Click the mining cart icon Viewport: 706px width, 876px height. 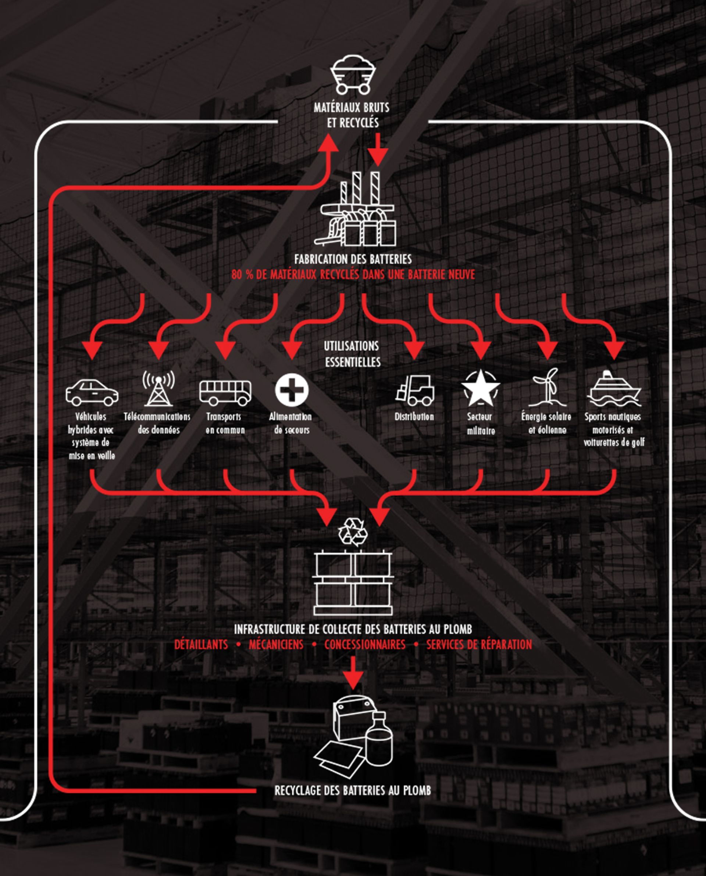[x=352, y=74]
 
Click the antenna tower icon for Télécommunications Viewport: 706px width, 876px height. [x=158, y=389]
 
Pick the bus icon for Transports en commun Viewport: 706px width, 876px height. [x=225, y=393]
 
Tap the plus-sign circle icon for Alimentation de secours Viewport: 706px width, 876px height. [x=292, y=390]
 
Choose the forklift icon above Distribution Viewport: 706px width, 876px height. [x=415, y=390]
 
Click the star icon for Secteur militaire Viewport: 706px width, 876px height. [x=480, y=389]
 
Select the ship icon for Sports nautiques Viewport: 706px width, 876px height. [x=614, y=389]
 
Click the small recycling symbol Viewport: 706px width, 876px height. [x=353, y=532]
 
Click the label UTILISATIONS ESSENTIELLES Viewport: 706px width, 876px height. [x=352, y=354]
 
